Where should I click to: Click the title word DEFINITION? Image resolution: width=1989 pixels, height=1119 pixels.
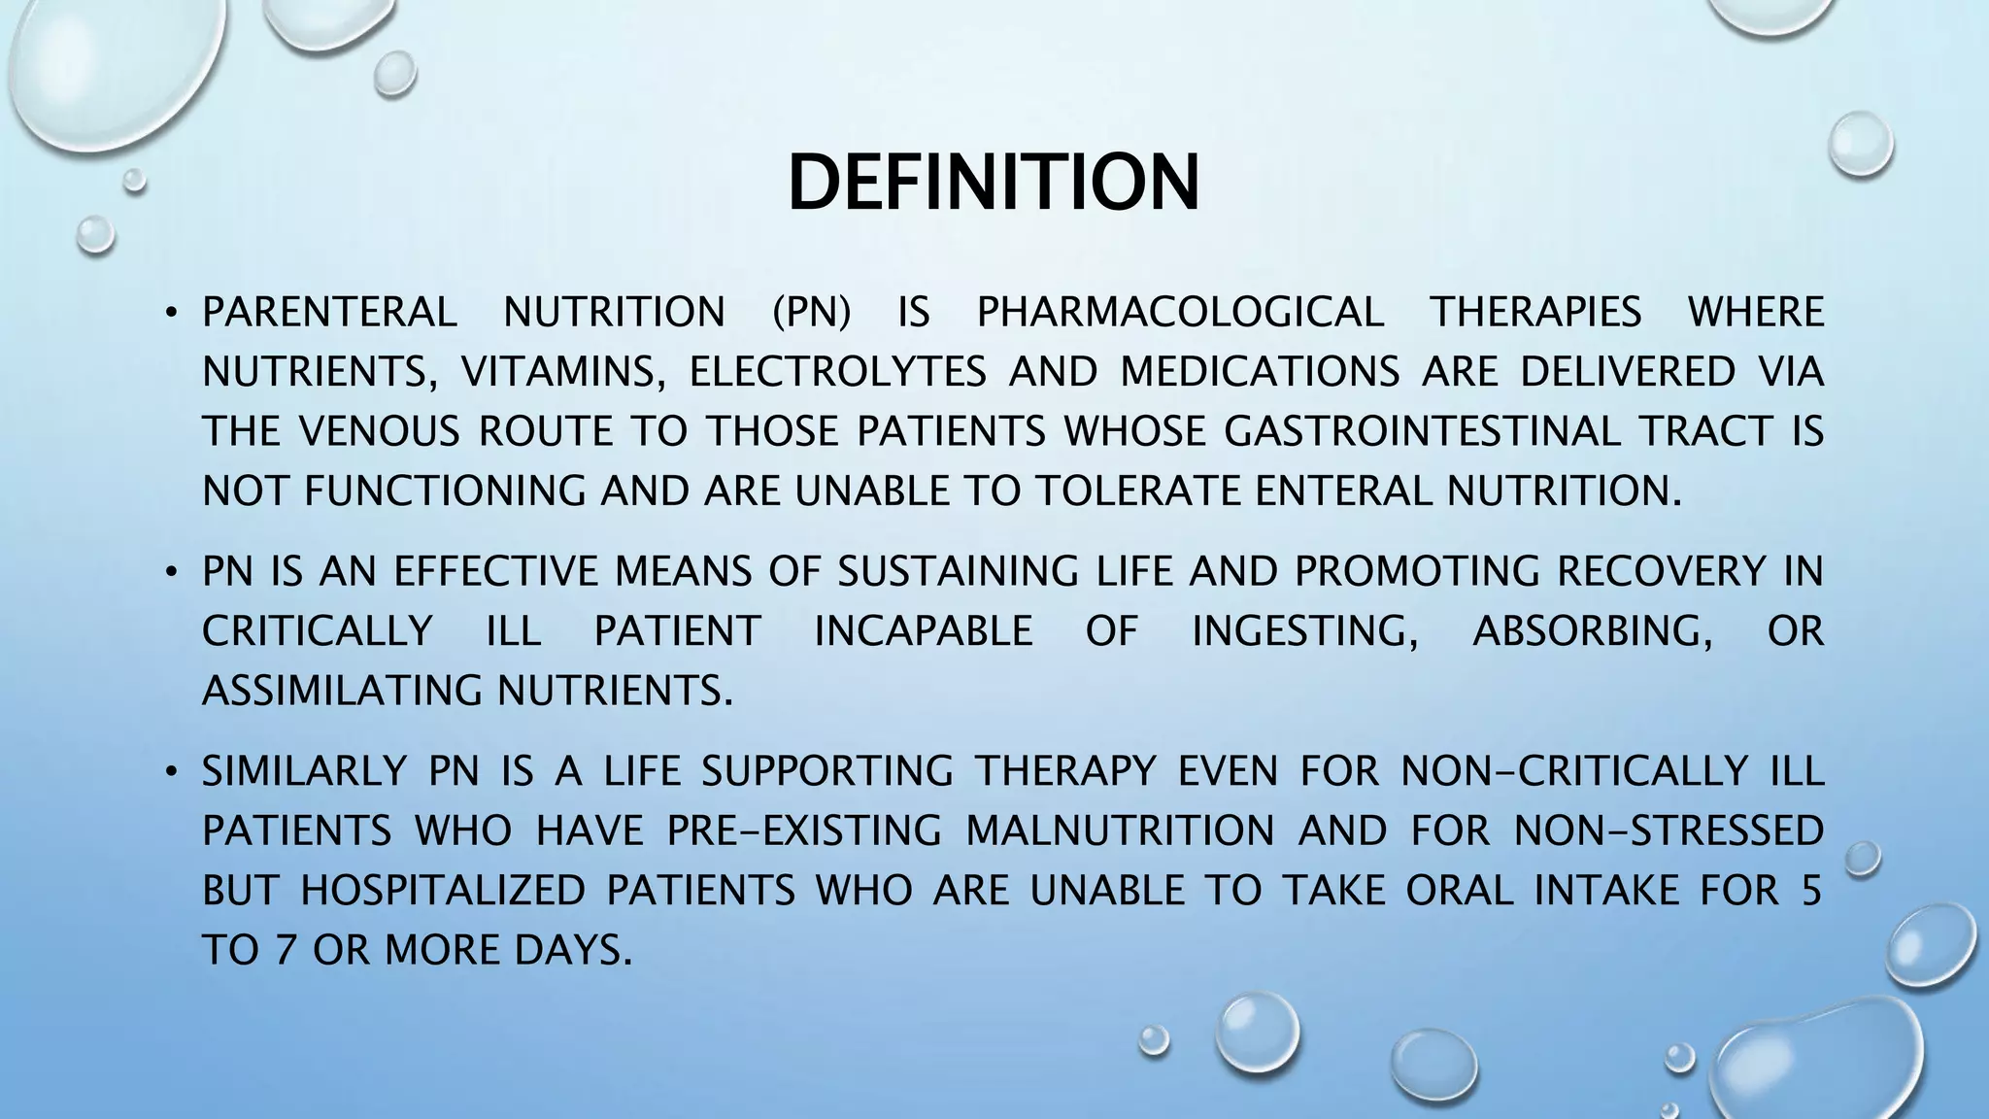[x=994, y=183]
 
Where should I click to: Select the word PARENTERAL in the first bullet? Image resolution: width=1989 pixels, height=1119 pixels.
[x=329, y=313]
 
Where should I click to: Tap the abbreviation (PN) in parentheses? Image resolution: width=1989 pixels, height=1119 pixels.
[x=811, y=313]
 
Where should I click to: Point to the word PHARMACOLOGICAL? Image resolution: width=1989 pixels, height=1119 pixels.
[x=1180, y=313]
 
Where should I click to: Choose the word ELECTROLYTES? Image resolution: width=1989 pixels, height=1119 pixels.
[x=838, y=373]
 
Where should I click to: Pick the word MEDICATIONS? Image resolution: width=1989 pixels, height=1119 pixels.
[x=1260, y=373]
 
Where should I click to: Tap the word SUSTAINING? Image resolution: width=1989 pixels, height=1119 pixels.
[x=958, y=571]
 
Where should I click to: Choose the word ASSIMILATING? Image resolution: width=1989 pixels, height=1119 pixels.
[x=342, y=692]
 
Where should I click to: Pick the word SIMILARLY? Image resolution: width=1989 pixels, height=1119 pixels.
[x=304, y=771]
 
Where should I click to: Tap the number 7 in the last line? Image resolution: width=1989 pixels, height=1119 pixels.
[x=284, y=950]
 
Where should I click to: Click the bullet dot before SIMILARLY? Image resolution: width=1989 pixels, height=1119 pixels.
[x=171, y=772]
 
